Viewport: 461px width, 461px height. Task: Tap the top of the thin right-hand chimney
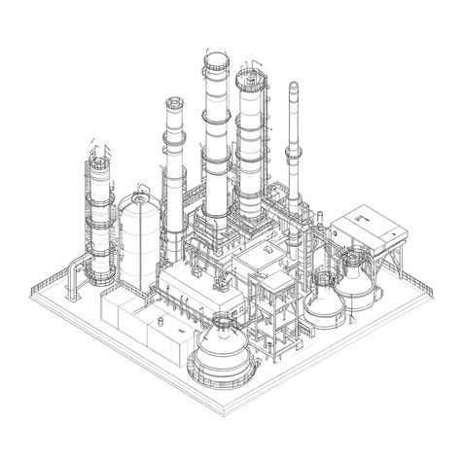294,87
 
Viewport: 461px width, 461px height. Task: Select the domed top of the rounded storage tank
138,199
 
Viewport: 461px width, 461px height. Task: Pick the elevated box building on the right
367,230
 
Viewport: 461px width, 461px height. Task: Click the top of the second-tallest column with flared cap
175,101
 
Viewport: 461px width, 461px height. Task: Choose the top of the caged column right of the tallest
252,76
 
